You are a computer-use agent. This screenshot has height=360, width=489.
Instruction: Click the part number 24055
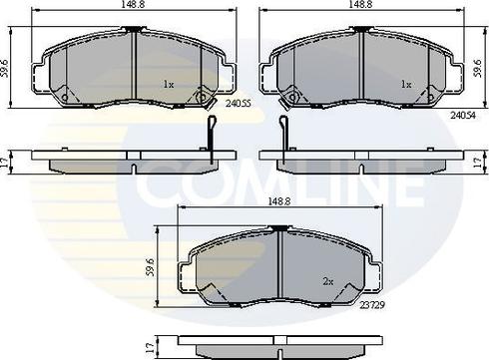coord(239,104)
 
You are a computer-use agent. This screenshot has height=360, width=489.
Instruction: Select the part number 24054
coord(463,115)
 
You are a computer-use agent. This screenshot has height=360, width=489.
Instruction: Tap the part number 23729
coord(372,305)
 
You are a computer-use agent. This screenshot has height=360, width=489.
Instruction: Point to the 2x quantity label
coord(328,282)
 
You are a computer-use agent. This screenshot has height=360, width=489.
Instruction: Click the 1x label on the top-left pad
coord(169,85)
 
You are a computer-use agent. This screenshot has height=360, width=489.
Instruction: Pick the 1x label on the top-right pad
coord(406,85)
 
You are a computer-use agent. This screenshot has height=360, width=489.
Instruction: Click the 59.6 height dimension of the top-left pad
coord(4,69)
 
